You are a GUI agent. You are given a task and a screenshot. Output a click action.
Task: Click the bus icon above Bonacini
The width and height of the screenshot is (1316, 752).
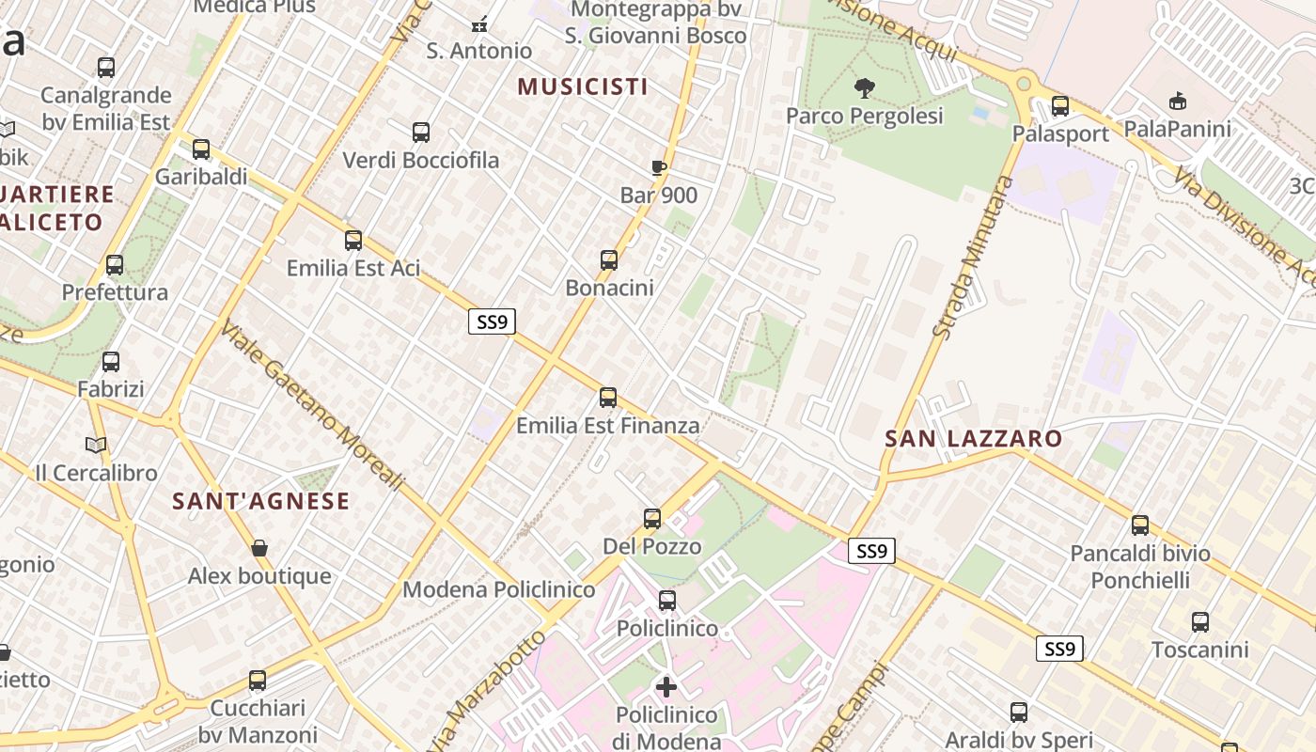(609, 260)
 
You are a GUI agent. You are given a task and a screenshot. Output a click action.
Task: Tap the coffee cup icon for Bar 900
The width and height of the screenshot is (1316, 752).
(658, 168)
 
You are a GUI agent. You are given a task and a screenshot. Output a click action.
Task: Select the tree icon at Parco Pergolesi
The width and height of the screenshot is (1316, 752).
(864, 89)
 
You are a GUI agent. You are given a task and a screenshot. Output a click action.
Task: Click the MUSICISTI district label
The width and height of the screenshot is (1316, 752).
(583, 86)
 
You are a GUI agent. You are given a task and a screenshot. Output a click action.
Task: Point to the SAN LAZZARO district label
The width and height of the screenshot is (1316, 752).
(974, 438)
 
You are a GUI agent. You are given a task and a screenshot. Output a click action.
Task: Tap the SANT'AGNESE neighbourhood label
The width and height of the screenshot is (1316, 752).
(260, 501)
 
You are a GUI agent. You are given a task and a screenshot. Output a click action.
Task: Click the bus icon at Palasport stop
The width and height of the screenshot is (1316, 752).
(1060, 106)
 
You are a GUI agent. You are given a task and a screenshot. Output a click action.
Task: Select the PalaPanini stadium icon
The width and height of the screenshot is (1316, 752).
(1177, 101)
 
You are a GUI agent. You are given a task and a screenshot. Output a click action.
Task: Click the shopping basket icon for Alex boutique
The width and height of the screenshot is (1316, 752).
(259, 548)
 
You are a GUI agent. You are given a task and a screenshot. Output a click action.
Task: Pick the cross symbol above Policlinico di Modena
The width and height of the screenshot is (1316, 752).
(666, 687)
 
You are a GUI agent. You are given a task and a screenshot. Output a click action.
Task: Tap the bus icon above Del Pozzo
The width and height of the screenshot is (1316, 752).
(652, 519)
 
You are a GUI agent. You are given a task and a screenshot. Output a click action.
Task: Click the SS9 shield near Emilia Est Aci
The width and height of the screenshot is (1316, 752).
(492, 322)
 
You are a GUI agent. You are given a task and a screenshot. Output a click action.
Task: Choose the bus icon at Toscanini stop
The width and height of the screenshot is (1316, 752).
(1200, 622)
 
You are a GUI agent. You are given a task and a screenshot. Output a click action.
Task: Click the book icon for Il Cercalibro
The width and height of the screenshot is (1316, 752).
(96, 445)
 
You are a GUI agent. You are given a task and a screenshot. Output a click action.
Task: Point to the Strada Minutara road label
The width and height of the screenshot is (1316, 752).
(968, 256)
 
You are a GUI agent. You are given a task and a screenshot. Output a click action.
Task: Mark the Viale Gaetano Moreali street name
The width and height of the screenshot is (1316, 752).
(312, 406)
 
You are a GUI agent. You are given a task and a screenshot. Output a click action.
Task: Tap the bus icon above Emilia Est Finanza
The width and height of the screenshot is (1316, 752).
(608, 398)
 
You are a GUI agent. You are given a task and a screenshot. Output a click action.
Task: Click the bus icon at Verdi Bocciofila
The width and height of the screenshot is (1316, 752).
(421, 133)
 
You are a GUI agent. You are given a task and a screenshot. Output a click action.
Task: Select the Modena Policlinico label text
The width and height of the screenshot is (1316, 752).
(498, 589)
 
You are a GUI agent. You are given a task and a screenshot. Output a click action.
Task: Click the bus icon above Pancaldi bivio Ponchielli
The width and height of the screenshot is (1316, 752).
(1140, 525)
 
